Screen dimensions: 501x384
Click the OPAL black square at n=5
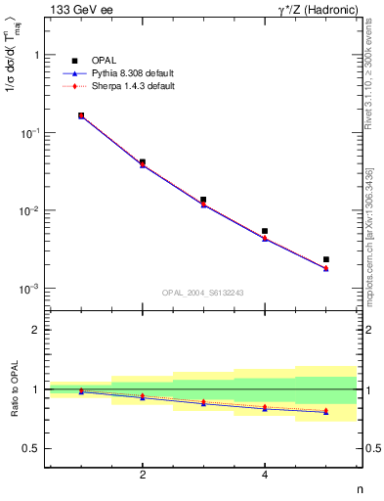click(x=326, y=259)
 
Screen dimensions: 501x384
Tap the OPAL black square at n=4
click(x=265, y=231)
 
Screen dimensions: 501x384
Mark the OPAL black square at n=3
click(x=203, y=200)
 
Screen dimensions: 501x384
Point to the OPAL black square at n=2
click(x=143, y=162)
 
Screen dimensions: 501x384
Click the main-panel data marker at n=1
click(x=81, y=115)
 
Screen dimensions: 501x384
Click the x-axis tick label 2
click(x=143, y=475)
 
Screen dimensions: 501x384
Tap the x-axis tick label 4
click(x=265, y=475)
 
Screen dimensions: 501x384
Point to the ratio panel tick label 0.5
click(x=32, y=448)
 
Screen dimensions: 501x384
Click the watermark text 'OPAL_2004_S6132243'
click(x=202, y=293)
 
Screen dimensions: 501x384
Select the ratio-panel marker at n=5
click(x=326, y=411)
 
